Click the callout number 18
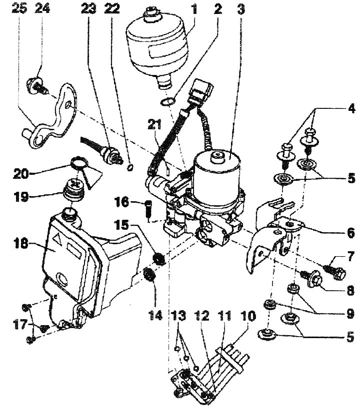(x=20, y=244)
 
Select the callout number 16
(x=121, y=202)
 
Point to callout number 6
(x=350, y=232)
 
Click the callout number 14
(x=155, y=316)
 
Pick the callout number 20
(x=20, y=173)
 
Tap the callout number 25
(x=19, y=8)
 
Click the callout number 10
(x=247, y=316)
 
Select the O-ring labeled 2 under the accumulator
(x=167, y=101)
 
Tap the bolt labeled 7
(x=335, y=271)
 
